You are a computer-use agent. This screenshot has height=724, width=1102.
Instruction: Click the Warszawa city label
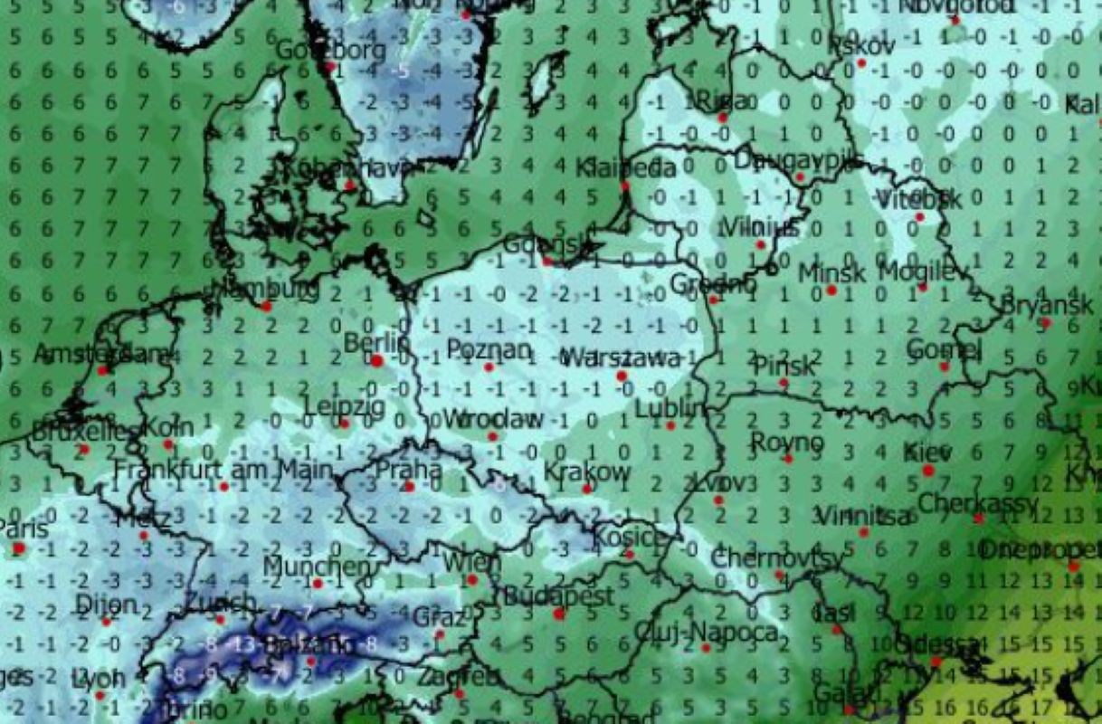coord(621,357)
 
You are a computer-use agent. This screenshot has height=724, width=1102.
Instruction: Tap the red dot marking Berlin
coord(377,360)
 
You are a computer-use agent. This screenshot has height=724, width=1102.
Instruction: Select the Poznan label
coord(489,349)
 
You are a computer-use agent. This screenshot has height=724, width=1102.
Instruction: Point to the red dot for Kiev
coord(928,471)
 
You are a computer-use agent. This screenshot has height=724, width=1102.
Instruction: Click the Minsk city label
coord(831,272)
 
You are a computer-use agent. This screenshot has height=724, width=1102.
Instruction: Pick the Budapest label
coord(558,596)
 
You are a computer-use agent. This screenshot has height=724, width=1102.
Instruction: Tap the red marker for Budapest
coord(559,614)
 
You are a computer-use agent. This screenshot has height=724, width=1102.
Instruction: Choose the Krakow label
coord(587,472)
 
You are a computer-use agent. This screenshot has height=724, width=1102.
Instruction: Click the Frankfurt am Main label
coord(223,470)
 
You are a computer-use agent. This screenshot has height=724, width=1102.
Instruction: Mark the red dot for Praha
coord(409,487)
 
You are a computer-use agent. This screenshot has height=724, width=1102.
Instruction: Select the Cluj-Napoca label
coord(706,632)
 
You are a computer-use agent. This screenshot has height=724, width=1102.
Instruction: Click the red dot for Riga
coord(723,118)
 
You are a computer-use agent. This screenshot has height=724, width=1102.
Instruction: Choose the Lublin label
coord(670,409)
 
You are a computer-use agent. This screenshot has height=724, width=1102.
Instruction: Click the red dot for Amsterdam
coord(103,370)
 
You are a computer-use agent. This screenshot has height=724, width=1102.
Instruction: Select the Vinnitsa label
coord(863,516)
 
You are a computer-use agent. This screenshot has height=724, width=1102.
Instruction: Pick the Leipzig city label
coord(344,406)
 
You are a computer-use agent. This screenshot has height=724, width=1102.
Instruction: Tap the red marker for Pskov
coord(861,62)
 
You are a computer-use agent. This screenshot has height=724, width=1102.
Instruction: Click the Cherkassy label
coord(978,502)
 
